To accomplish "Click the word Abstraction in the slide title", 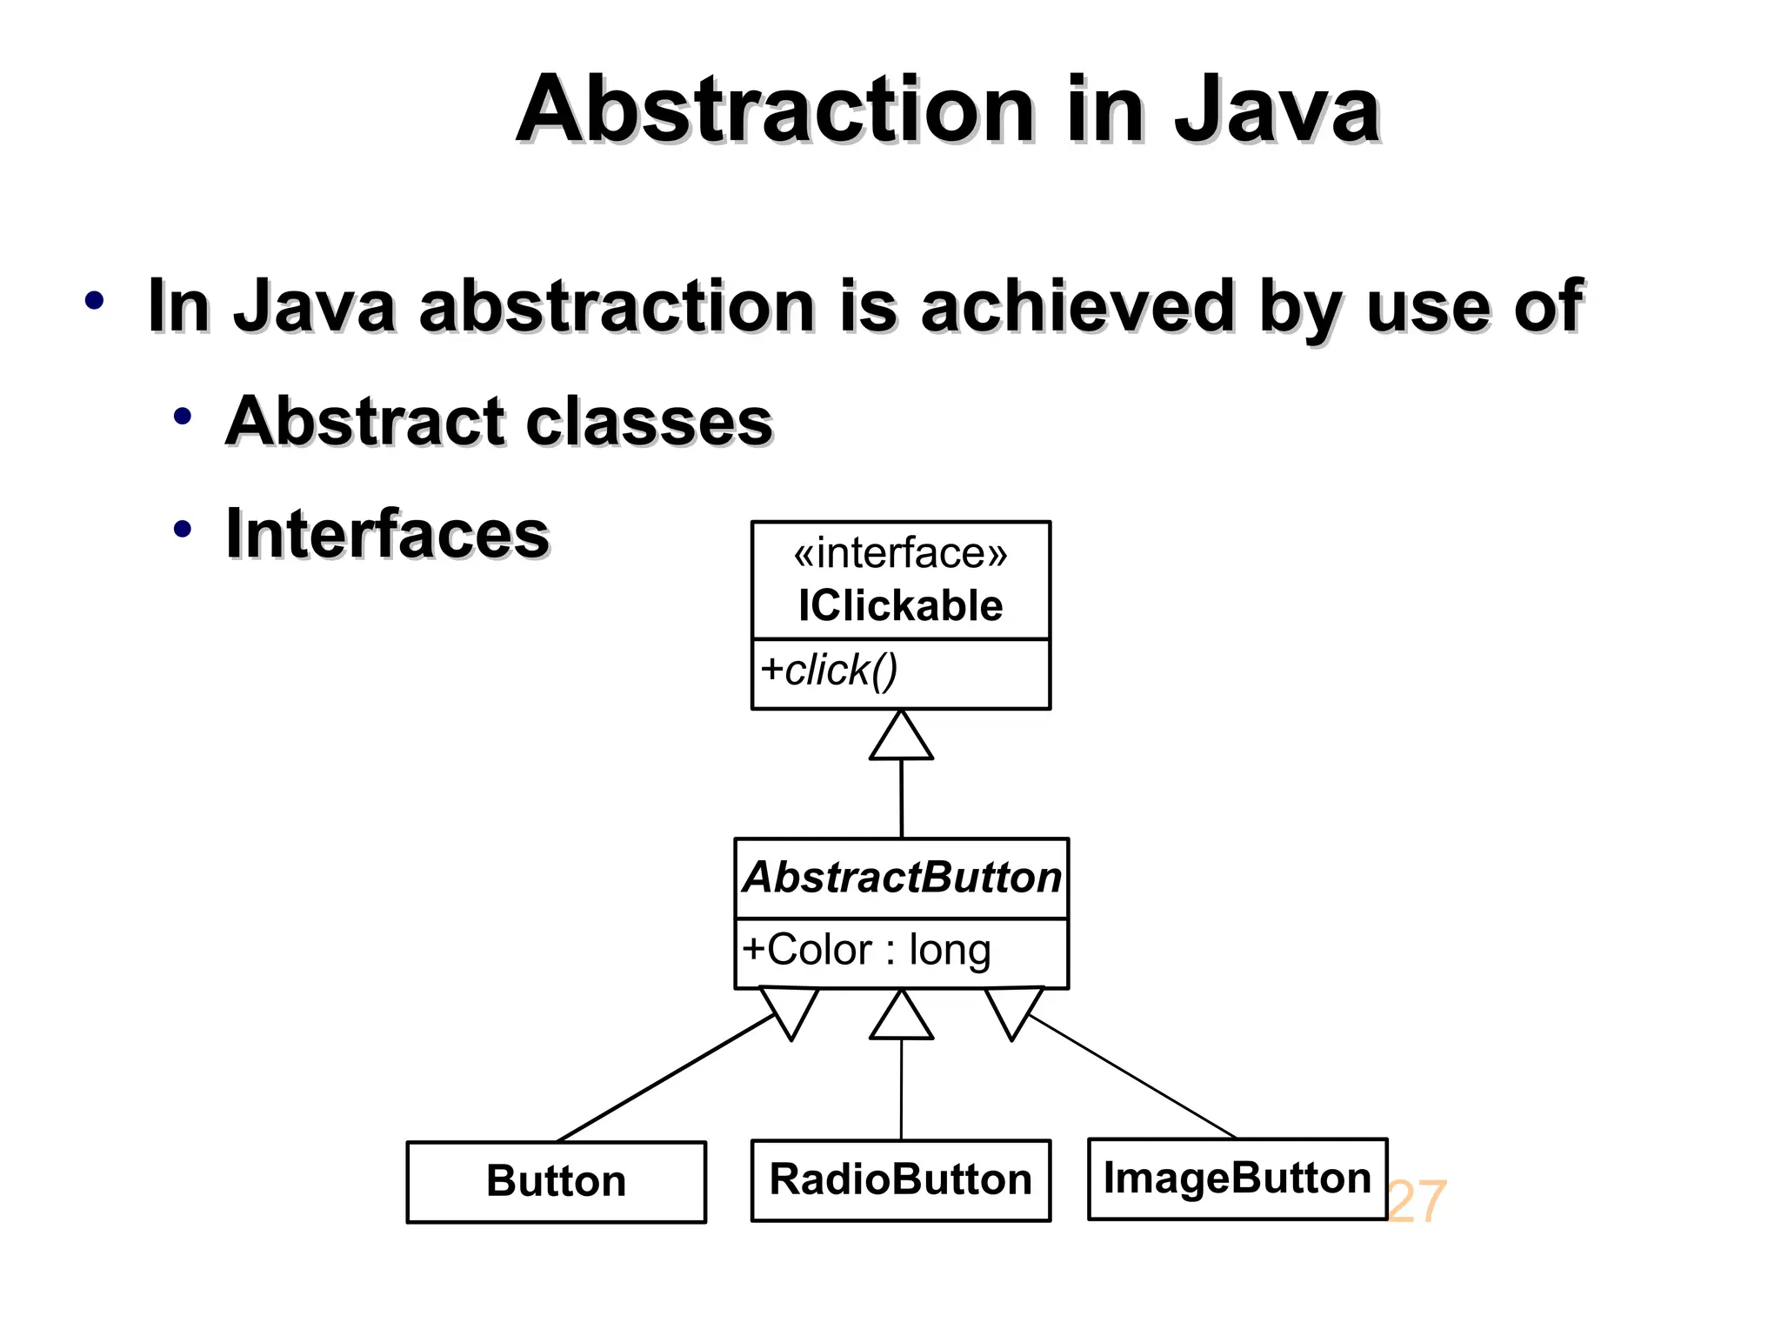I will point(774,110).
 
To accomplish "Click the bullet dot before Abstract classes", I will point(182,417).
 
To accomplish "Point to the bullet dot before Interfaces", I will point(182,529).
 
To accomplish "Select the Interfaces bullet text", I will point(387,533).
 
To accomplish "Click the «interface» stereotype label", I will point(900,553).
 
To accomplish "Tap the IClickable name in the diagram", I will point(900,605).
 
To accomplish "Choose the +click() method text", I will point(828,670).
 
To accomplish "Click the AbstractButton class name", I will point(902,877).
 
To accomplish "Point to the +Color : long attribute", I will point(866,949).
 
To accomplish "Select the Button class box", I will point(556,1181).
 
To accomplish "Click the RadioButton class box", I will point(900,1179).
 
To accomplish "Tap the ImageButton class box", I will point(1237,1178).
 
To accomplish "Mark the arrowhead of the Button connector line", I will point(790,1010).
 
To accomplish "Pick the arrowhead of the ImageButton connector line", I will point(1013,1010).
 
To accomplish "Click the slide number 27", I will point(1417,1202).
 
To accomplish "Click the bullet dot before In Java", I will point(94,302).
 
